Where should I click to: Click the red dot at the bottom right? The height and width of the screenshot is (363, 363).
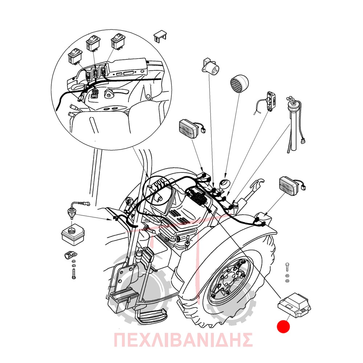[x=283, y=326]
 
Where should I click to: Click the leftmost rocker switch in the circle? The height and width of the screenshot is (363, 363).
[x=75, y=56]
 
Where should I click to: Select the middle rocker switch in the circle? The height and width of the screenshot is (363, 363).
[x=94, y=43]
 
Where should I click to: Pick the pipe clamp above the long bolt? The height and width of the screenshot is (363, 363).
[x=70, y=255]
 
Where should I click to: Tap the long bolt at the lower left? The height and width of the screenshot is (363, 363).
[x=74, y=273]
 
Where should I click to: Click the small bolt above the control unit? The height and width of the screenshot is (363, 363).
[x=287, y=266]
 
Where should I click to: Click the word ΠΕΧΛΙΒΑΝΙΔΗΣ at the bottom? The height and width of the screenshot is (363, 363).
[x=183, y=340]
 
